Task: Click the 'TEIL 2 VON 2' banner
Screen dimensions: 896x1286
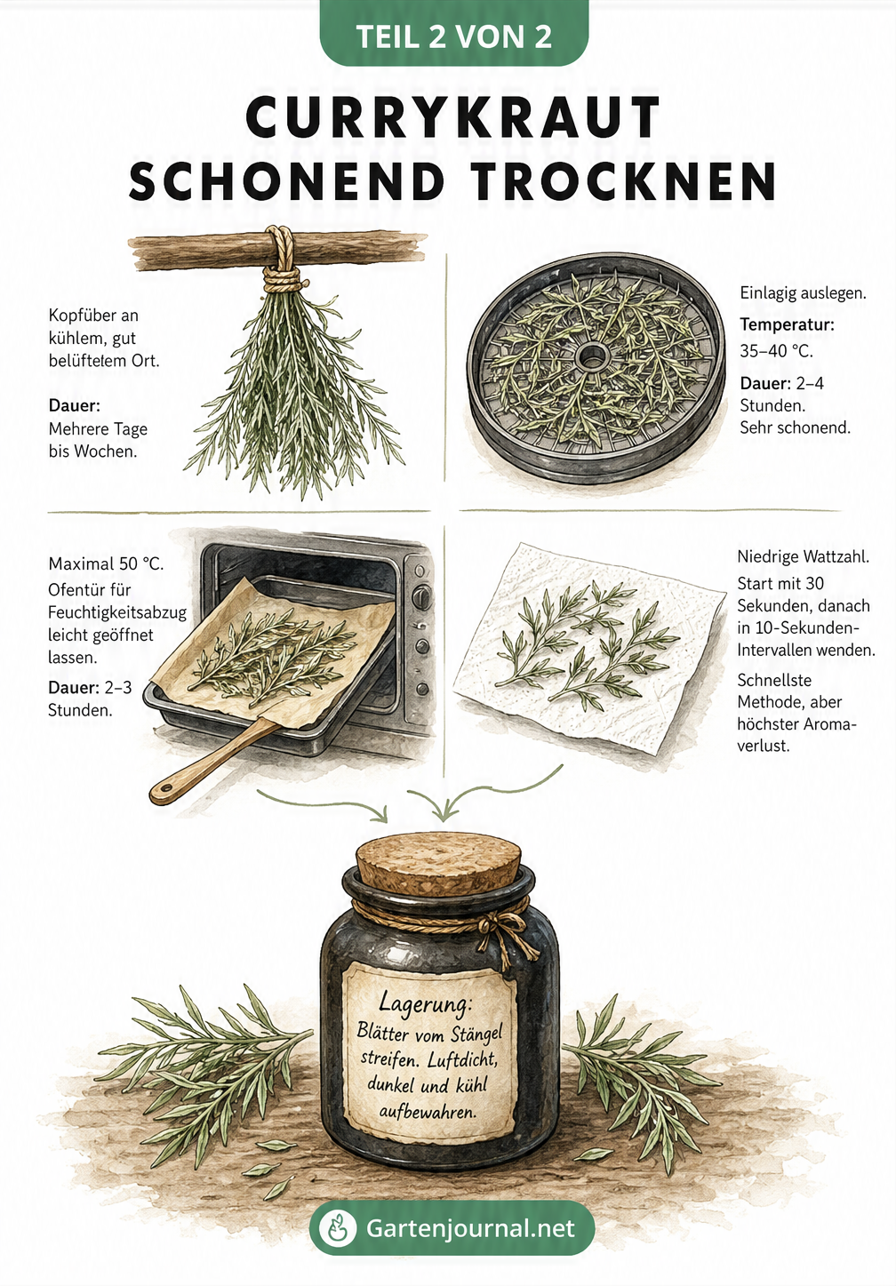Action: tap(453, 35)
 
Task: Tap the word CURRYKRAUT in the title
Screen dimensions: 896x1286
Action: tap(453, 117)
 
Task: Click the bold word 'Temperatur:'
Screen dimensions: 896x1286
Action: tap(787, 324)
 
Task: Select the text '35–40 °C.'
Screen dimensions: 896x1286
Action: tap(776, 351)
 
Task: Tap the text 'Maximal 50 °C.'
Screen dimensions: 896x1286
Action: tap(106, 563)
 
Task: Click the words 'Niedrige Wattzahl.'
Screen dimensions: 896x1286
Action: tap(803, 556)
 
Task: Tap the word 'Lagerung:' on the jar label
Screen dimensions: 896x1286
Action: tap(425, 1003)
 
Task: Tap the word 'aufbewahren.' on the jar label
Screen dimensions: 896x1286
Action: tap(428, 1112)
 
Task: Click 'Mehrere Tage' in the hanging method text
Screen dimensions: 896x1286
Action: tap(98, 429)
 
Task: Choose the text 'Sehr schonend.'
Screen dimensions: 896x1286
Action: tap(795, 427)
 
